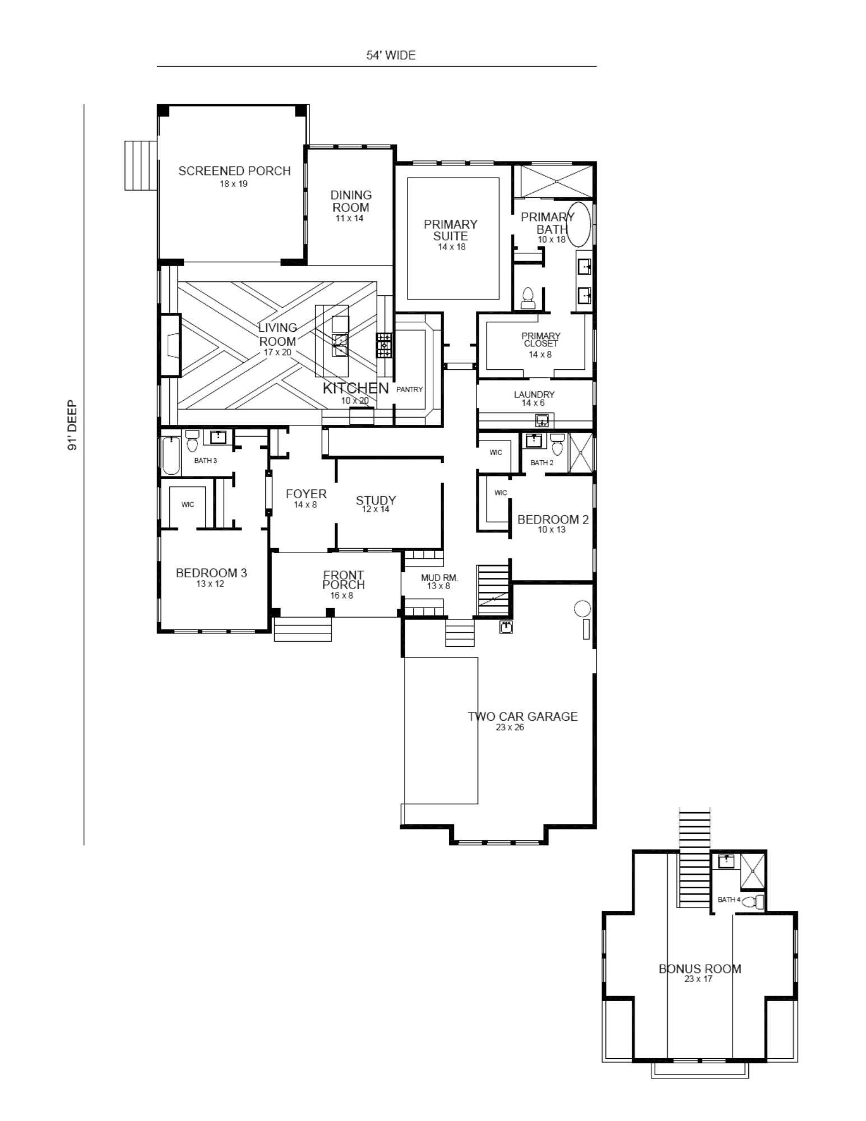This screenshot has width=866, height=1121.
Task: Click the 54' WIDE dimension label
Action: pyautogui.click(x=391, y=55)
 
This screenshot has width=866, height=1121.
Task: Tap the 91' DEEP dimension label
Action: pyautogui.click(x=72, y=425)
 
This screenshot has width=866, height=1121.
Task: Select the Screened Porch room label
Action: pyautogui.click(x=234, y=171)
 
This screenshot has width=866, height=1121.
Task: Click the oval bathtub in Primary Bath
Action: pyautogui.click(x=580, y=225)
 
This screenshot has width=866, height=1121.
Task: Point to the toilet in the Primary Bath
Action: pyautogui.click(x=527, y=298)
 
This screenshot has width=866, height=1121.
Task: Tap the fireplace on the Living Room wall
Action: pyautogui.click(x=170, y=345)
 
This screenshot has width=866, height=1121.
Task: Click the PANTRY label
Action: pyautogui.click(x=409, y=390)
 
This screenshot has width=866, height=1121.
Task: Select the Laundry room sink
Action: pyautogui.click(x=542, y=420)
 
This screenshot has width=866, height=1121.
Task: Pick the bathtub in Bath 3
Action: pyautogui.click(x=171, y=455)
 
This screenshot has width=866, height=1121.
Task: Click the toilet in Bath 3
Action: pyautogui.click(x=192, y=441)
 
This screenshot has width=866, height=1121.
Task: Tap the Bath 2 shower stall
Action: pyautogui.click(x=581, y=453)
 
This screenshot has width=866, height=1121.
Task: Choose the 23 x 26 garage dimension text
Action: pyautogui.click(x=510, y=728)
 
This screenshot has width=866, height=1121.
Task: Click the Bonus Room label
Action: pyautogui.click(x=700, y=969)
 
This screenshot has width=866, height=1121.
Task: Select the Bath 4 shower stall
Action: pyautogui.click(x=753, y=871)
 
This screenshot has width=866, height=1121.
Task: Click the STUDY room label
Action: pyautogui.click(x=376, y=501)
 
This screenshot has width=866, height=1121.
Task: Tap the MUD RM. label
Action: pyautogui.click(x=439, y=577)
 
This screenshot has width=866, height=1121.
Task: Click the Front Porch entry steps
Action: pyautogui.click(x=303, y=629)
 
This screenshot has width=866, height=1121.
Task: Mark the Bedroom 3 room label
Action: pyautogui.click(x=211, y=573)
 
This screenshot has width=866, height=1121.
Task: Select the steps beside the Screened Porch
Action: pyautogui.click(x=141, y=165)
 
